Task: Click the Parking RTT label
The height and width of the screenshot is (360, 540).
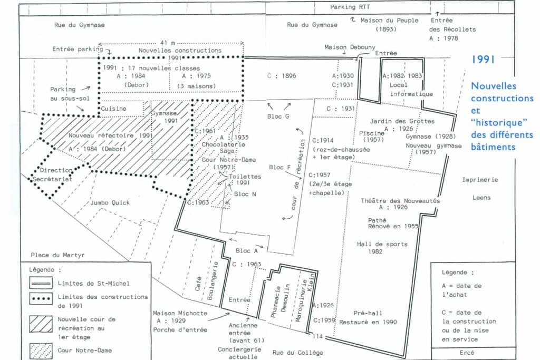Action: coord(350,7)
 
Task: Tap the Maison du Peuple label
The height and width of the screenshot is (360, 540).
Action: coord(389,21)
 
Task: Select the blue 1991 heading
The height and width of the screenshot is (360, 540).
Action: coord(483,60)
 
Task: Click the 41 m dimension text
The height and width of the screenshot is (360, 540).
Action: coord(167,43)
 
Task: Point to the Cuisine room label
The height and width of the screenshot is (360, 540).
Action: coord(113,109)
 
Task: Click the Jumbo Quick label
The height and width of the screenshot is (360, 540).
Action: coord(110,203)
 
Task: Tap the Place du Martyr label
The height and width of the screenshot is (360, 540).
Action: coord(57,255)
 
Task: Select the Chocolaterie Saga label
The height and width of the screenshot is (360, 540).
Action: coord(223,148)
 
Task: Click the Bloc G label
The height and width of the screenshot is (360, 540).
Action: coord(278,116)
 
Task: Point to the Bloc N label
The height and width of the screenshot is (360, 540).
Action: coord(245,194)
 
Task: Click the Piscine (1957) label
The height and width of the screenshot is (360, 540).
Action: coord(372,137)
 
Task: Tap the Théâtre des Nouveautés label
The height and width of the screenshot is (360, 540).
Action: coord(400,201)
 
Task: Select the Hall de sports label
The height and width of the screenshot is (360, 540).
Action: coord(382,244)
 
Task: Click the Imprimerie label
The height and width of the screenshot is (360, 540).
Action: coord(480,180)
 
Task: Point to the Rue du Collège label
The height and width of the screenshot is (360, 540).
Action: coord(297,353)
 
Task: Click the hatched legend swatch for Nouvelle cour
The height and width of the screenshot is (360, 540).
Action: coord(41,324)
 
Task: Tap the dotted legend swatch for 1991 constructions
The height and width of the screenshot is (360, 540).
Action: coord(41,298)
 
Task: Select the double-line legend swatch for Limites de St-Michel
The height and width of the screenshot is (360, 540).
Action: coord(41,283)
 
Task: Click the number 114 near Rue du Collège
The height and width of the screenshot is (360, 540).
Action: coord(317,336)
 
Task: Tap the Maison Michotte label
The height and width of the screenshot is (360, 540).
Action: coord(180,313)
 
